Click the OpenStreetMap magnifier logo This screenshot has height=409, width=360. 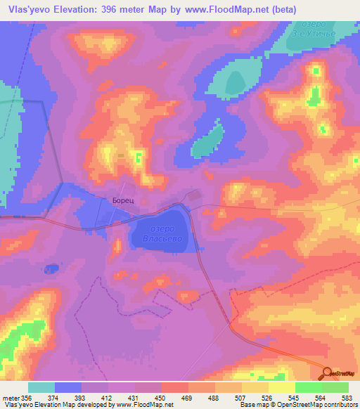click(327, 374)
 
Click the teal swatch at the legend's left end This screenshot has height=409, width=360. click(41, 387)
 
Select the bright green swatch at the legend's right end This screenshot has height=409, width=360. click(335, 387)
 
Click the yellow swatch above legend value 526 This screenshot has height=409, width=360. click(255, 387)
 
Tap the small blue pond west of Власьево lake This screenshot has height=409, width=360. click(51, 268)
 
